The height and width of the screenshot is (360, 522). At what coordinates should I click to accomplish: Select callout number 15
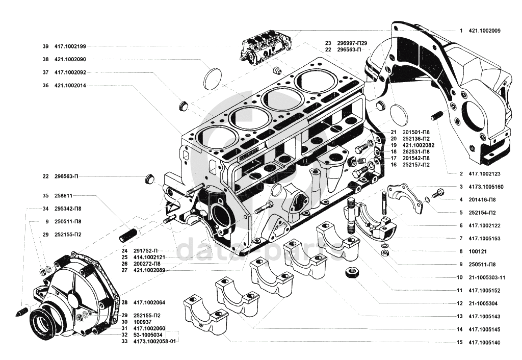459,343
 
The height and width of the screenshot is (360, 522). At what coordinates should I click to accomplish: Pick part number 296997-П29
352,43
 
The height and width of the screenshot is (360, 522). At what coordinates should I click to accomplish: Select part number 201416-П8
482,199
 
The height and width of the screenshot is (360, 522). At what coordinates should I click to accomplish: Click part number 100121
477,251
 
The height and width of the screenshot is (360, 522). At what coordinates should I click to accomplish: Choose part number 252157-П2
416,165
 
